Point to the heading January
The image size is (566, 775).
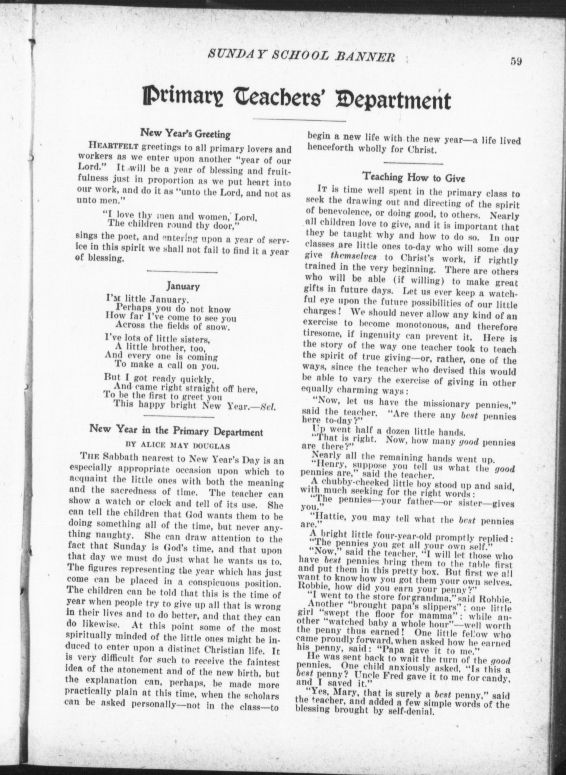pos(183,286)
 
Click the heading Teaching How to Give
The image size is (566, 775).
pos(414,178)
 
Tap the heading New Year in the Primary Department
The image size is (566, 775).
pos(176,430)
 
